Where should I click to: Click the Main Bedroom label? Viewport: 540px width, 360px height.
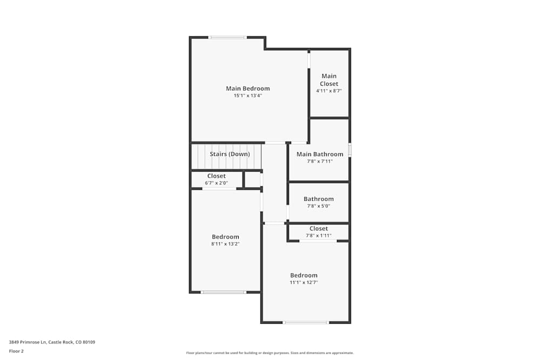click(247, 89)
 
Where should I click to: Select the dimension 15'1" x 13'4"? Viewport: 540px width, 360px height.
click(247, 96)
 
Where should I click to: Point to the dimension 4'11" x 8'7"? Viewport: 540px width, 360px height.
click(329, 91)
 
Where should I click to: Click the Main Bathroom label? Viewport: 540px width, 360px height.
click(320, 154)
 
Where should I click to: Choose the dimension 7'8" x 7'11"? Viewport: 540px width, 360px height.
click(320, 161)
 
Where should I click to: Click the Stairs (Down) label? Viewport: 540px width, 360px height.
click(230, 154)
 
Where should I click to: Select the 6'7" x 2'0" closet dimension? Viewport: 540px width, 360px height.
click(216, 183)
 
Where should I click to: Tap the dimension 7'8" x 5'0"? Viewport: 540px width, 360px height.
click(319, 206)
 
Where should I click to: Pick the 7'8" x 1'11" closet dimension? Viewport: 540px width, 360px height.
click(319, 235)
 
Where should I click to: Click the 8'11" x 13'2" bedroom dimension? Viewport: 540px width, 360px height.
click(225, 244)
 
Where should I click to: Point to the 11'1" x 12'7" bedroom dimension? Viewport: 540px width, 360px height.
click(303, 282)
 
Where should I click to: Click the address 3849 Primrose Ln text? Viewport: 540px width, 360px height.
click(52, 342)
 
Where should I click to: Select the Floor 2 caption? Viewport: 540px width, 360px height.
click(16, 351)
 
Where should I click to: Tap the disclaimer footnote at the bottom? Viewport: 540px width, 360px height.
click(270, 353)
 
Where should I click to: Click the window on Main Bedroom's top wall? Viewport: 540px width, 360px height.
click(228, 37)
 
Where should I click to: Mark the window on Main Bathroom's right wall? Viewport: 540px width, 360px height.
click(349, 150)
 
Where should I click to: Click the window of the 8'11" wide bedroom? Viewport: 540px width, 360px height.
click(224, 292)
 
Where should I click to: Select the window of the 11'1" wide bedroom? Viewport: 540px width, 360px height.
click(306, 323)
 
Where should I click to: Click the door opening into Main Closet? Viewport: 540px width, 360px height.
click(309, 60)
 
